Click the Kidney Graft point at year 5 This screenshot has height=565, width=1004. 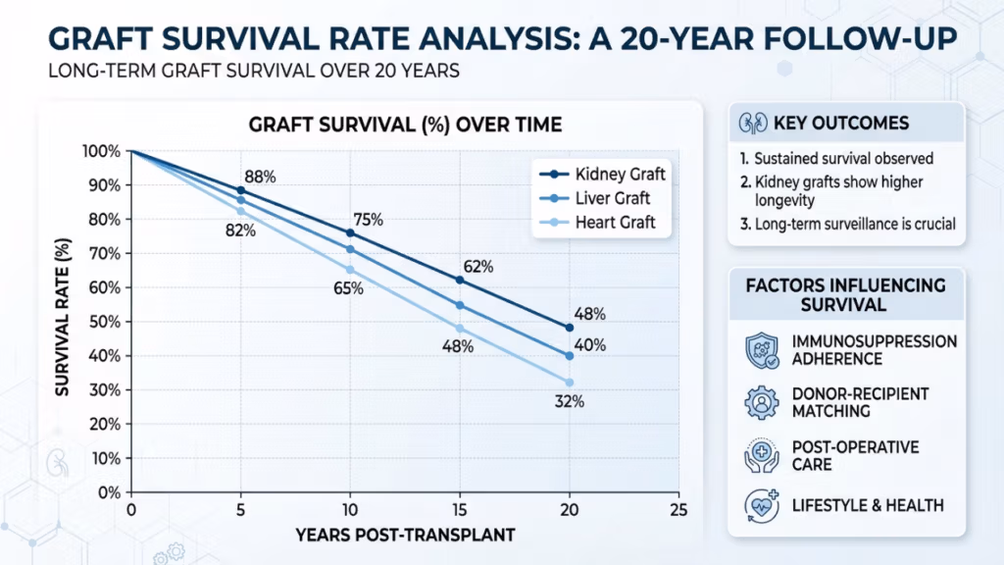[x=241, y=190]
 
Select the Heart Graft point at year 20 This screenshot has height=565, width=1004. [x=570, y=383]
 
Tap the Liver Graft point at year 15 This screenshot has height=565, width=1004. [x=460, y=306]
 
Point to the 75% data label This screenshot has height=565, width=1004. [x=369, y=220]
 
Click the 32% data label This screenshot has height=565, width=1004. [x=570, y=401]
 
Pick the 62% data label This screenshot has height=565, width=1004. [x=478, y=267]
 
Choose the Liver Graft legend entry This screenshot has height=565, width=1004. [x=595, y=198]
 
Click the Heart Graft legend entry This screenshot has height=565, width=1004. [x=597, y=223]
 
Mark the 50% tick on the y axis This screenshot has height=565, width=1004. [x=105, y=322]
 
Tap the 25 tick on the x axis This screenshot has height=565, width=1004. [x=678, y=510]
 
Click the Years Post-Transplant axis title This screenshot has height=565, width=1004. [x=405, y=535]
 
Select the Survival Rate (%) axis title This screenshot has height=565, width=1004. [x=62, y=317]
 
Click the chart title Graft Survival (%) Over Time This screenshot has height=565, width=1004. [x=405, y=125]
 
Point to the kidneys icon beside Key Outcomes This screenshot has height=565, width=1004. [x=753, y=123]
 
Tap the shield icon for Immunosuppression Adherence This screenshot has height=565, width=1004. [x=762, y=350]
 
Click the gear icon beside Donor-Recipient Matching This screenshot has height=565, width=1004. [x=762, y=402]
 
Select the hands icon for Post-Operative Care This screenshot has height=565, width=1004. [x=762, y=455]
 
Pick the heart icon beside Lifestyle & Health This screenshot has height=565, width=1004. [x=762, y=506]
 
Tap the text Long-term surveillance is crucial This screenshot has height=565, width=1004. [x=848, y=225]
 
